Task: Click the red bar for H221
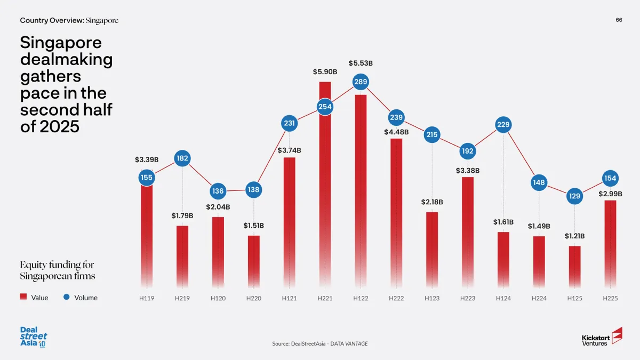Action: tap(325, 187)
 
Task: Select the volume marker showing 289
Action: tap(361, 82)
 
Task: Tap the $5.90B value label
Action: tap(324, 71)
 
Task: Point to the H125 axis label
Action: tap(574, 298)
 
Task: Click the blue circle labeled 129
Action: tap(574, 196)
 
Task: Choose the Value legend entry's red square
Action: tap(23, 298)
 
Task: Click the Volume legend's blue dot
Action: tap(67, 298)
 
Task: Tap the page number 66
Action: tap(619, 20)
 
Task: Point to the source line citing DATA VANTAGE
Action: tap(319, 343)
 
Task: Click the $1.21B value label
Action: tap(574, 236)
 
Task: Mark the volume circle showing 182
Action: tap(182, 158)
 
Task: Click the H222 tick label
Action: tap(396, 298)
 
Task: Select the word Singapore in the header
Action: tap(102, 20)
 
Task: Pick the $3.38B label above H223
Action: tap(468, 171)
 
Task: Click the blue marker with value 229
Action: tap(503, 125)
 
